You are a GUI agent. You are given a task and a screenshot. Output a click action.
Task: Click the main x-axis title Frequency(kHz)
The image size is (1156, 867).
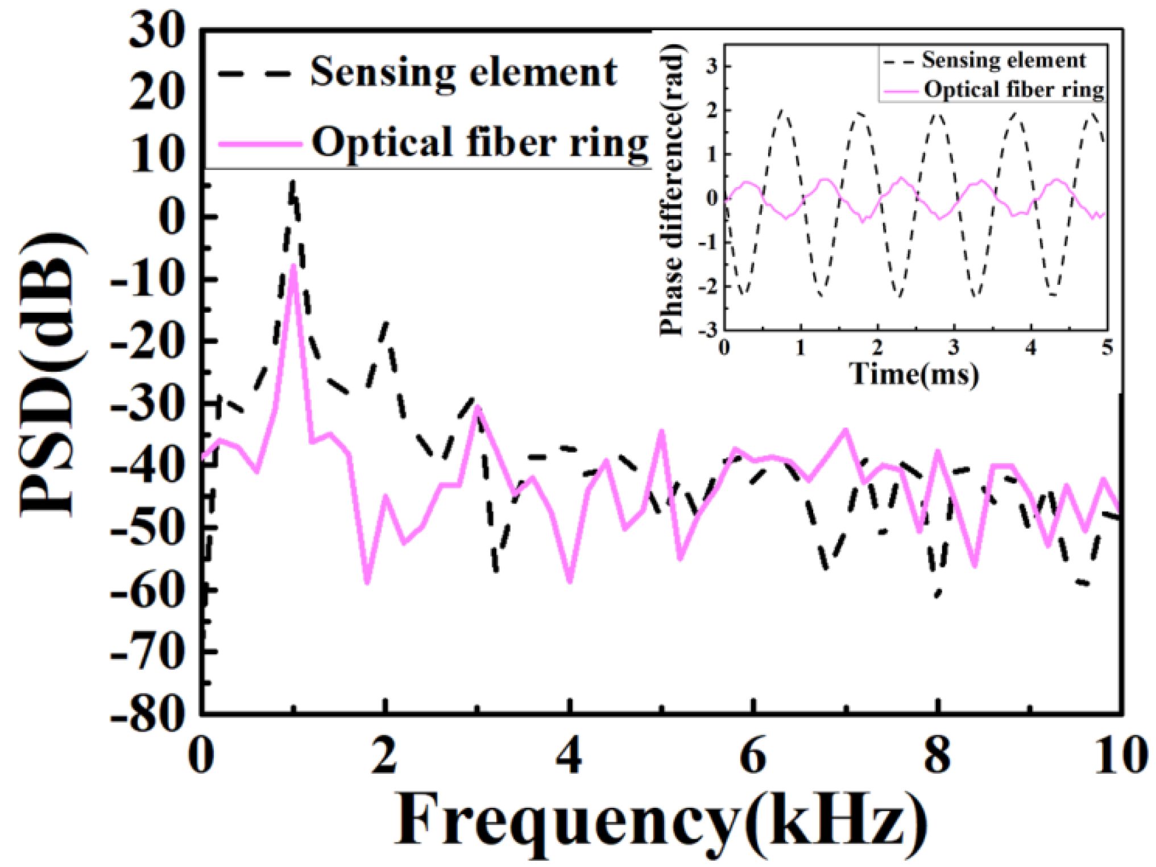tap(660, 822)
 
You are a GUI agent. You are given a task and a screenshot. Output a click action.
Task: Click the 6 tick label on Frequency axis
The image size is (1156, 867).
tap(753, 757)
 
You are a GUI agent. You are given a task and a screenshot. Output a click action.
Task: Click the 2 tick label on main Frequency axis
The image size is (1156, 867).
tap(384, 757)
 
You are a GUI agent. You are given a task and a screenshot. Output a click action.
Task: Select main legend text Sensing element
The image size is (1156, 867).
tap(463, 73)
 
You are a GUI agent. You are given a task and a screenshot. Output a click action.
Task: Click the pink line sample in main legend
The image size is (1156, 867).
tap(259, 144)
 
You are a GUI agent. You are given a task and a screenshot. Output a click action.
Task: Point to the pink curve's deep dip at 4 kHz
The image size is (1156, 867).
tap(569, 580)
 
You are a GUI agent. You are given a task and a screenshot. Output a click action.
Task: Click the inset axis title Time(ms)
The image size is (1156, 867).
tap(914, 374)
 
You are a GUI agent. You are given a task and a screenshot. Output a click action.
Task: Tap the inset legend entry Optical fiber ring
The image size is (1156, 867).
tap(1013, 90)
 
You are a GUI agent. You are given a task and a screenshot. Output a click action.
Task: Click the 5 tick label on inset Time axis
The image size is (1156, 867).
tap(1107, 347)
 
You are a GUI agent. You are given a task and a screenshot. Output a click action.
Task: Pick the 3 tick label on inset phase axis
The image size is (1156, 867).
tap(712, 66)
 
